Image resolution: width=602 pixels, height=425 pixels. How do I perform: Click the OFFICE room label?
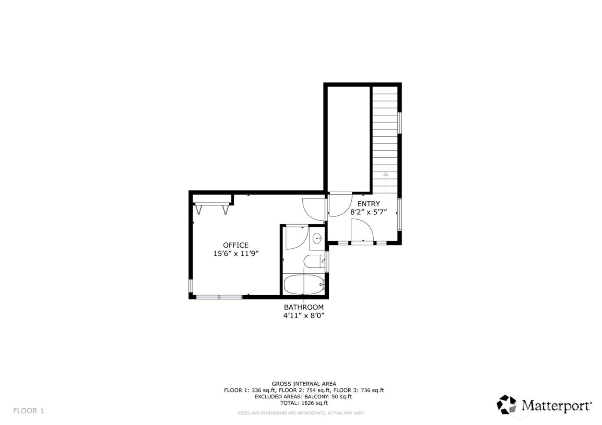pyautogui.click(x=235, y=245)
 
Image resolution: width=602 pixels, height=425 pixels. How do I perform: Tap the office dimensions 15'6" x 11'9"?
pyautogui.click(x=235, y=254)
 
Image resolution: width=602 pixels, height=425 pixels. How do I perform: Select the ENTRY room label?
pyautogui.click(x=369, y=204)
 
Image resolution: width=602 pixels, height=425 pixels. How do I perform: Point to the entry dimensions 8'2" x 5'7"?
pyautogui.click(x=369, y=212)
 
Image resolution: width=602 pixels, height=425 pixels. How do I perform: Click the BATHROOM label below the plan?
pyautogui.click(x=303, y=307)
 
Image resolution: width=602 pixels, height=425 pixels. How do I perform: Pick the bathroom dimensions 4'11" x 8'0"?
pyautogui.click(x=303, y=315)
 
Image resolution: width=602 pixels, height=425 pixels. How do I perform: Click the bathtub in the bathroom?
pyautogui.click(x=304, y=284)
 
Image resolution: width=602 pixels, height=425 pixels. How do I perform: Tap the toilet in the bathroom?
pyautogui.click(x=313, y=261)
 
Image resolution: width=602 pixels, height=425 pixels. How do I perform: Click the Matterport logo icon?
pyautogui.click(x=507, y=404)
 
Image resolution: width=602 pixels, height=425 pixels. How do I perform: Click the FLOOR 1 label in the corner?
pyautogui.click(x=28, y=411)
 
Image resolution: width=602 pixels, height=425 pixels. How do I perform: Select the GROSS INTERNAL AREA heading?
pyautogui.click(x=304, y=384)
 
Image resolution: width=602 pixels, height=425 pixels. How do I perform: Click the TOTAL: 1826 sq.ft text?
pyautogui.click(x=304, y=403)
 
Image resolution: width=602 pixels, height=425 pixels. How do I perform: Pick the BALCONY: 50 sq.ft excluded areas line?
pyautogui.click(x=304, y=397)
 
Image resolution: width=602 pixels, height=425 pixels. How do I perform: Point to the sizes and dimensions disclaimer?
pyautogui.click(x=301, y=413)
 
